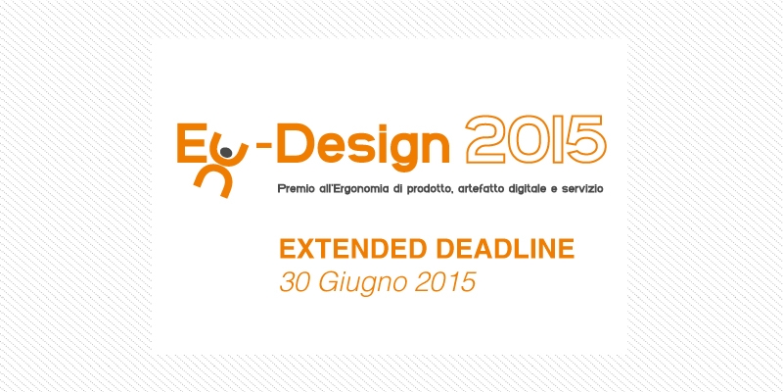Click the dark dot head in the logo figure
[226, 152]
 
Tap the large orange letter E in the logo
[189, 144]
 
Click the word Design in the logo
[363, 145]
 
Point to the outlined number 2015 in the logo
[535, 139]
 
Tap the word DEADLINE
[505, 249]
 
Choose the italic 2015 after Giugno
[445, 282]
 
